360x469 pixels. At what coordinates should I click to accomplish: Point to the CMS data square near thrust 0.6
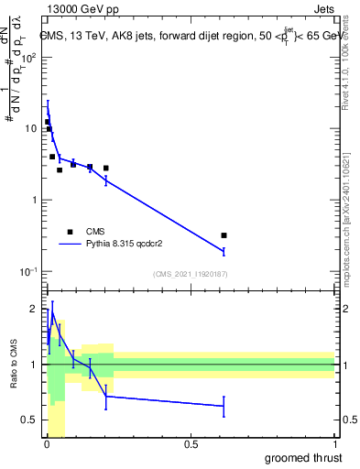pos(224,235)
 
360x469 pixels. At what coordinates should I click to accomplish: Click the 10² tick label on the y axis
pos(28,57)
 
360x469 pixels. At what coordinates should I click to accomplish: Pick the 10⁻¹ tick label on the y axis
pos(27,271)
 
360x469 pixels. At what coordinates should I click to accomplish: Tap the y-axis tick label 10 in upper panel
pos(30,128)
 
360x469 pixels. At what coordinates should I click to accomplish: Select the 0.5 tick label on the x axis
pos(191,445)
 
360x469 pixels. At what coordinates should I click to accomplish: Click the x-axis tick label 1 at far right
pos(335,445)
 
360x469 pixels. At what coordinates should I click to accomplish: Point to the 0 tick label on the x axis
pos(46,445)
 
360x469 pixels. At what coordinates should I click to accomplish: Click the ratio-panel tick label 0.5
pos(29,420)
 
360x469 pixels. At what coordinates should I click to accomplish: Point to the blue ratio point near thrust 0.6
pos(224,406)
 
